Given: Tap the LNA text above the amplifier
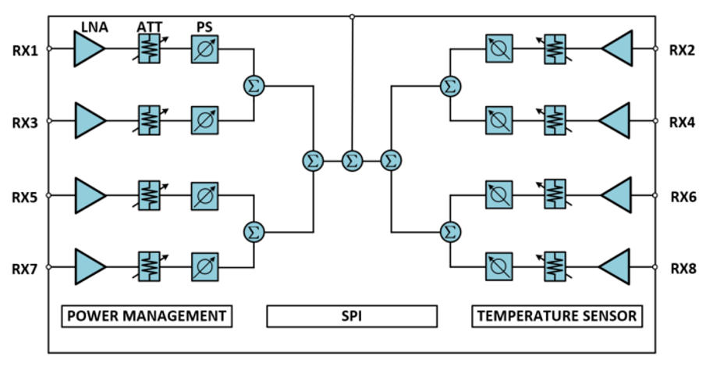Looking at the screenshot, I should coord(94,28).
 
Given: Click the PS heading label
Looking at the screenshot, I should coord(205,28).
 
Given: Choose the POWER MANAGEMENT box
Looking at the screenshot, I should coord(147,316).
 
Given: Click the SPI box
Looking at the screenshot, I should coord(352,316).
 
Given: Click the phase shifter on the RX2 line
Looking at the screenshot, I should coord(498,49).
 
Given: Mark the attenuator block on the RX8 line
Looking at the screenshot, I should coord(555,267).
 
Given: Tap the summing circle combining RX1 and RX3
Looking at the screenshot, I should coord(254,86).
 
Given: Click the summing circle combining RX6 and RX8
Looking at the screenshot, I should coord(450,231).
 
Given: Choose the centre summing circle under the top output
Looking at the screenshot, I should coord(352,161).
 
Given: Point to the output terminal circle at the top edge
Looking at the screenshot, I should coord(352,16).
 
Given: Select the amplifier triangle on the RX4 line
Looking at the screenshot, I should coord(615,122).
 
